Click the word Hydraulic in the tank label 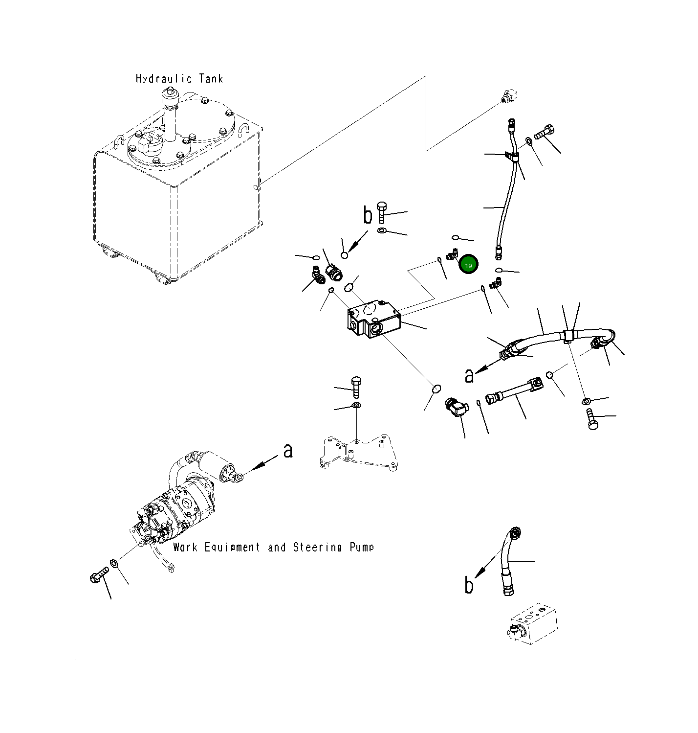click(x=164, y=79)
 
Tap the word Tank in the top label click(x=211, y=79)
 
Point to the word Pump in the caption click(x=362, y=548)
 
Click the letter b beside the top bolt click(x=368, y=215)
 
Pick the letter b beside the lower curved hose click(x=469, y=585)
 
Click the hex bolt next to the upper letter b click(x=382, y=212)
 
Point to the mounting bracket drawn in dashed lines click(x=358, y=452)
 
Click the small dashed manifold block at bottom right click(x=533, y=624)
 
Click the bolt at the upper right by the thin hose click(x=545, y=132)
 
